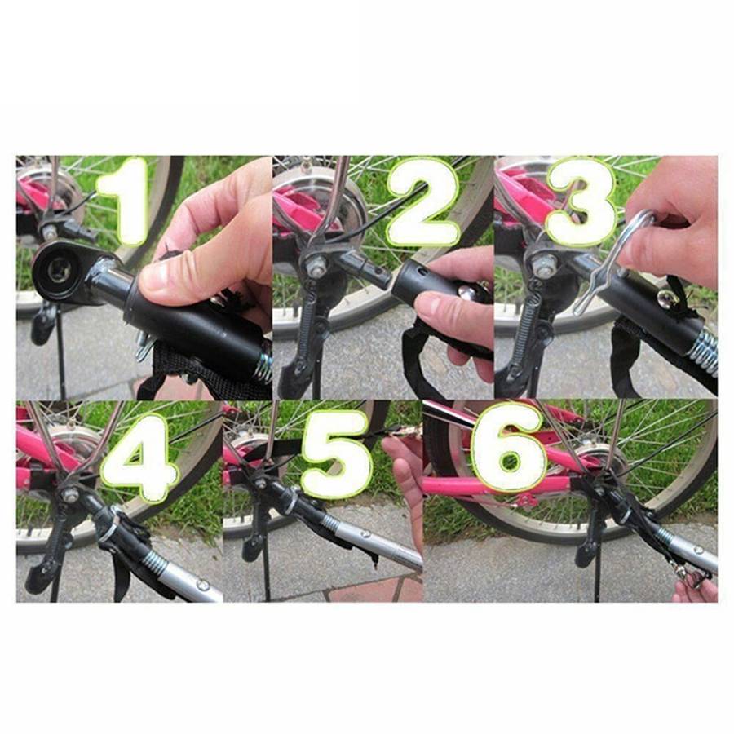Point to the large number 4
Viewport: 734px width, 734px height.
coord(139,457)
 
